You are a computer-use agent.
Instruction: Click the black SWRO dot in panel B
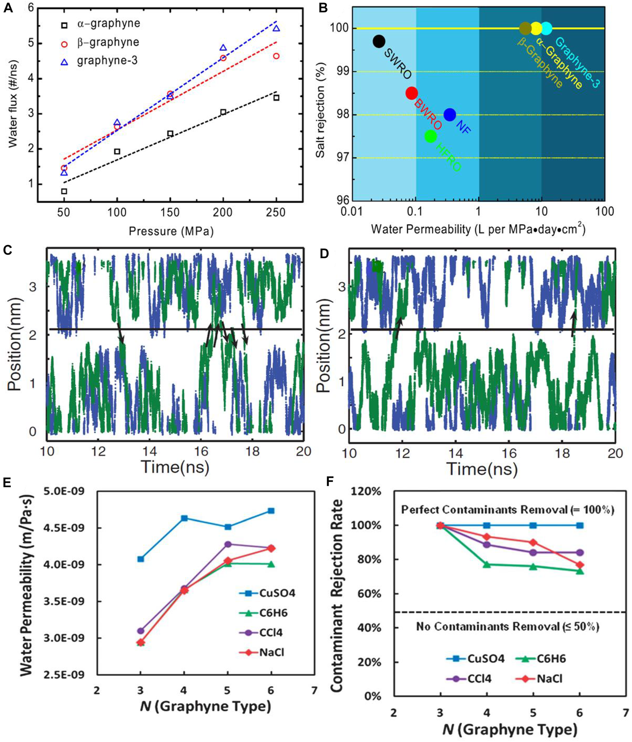coord(379,41)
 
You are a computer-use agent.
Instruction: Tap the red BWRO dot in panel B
coord(412,93)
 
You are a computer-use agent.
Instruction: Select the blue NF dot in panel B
coord(450,114)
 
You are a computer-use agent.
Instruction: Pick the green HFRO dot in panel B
coord(430,136)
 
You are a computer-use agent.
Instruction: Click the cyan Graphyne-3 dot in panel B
coord(546,28)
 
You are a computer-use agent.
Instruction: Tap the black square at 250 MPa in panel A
coord(276,98)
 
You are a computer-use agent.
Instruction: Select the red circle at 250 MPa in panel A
coord(276,56)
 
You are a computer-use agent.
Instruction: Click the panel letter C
coord(8,251)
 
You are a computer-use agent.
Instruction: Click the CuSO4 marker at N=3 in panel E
coord(141,559)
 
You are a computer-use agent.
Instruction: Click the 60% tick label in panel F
coord(371,594)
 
